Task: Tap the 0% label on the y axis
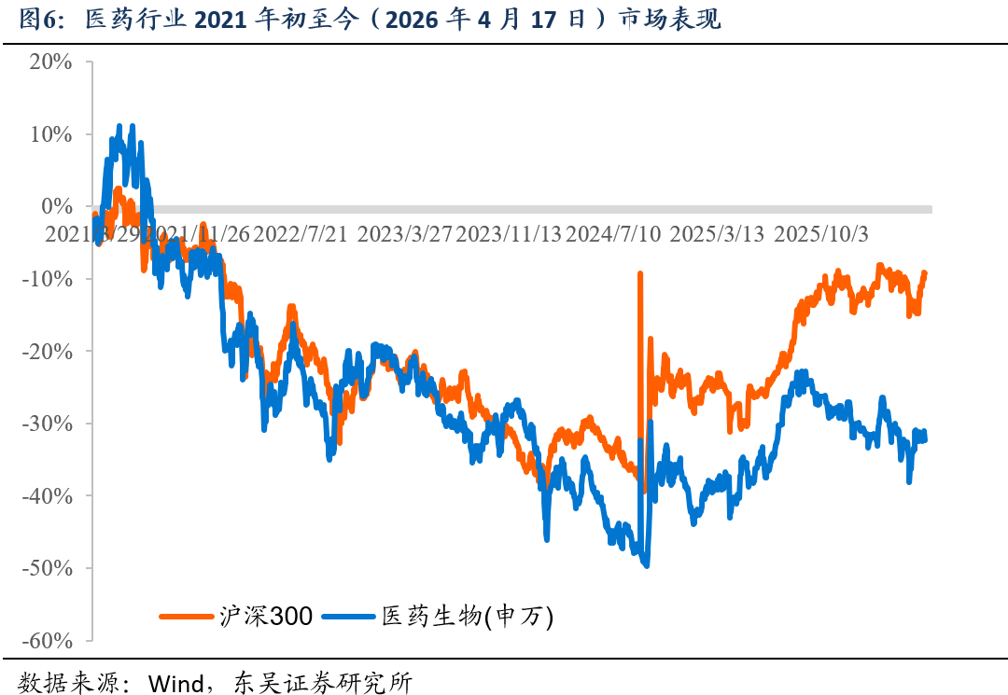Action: pos(55,206)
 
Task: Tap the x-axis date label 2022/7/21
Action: pos(301,233)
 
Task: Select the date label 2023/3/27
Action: pos(404,233)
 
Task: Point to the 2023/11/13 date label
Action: pos(509,233)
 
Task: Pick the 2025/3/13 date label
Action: pos(717,233)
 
